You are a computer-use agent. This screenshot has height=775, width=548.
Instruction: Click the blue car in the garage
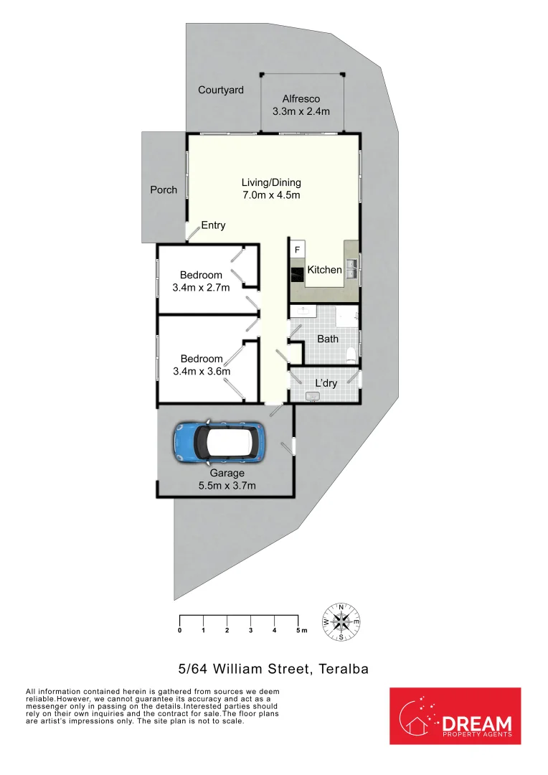[219, 440]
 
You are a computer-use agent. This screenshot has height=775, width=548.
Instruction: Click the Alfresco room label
[301, 99]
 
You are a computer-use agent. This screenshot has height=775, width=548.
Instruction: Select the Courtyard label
[221, 90]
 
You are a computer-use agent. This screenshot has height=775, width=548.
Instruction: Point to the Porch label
[164, 190]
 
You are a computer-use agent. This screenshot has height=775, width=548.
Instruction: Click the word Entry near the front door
[213, 225]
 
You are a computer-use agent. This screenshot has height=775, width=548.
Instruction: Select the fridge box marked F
[297, 249]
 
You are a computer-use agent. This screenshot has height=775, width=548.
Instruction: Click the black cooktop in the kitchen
[297, 273]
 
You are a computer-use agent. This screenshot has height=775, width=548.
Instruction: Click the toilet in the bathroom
[351, 354]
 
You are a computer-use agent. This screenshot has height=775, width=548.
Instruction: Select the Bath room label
[328, 339]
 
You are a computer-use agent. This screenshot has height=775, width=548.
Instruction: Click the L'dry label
[326, 382]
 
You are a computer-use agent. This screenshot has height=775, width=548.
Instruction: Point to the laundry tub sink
[313, 396]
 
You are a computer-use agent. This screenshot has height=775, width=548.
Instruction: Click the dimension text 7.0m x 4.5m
[271, 195]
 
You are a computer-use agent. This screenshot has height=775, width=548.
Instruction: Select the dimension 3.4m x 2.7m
[201, 288]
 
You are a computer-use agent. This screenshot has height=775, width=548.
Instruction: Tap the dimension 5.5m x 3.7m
[227, 486]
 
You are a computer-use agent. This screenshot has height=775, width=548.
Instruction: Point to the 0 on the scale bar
[179, 631]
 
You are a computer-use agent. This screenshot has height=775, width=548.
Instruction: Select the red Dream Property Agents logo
[455, 715]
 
